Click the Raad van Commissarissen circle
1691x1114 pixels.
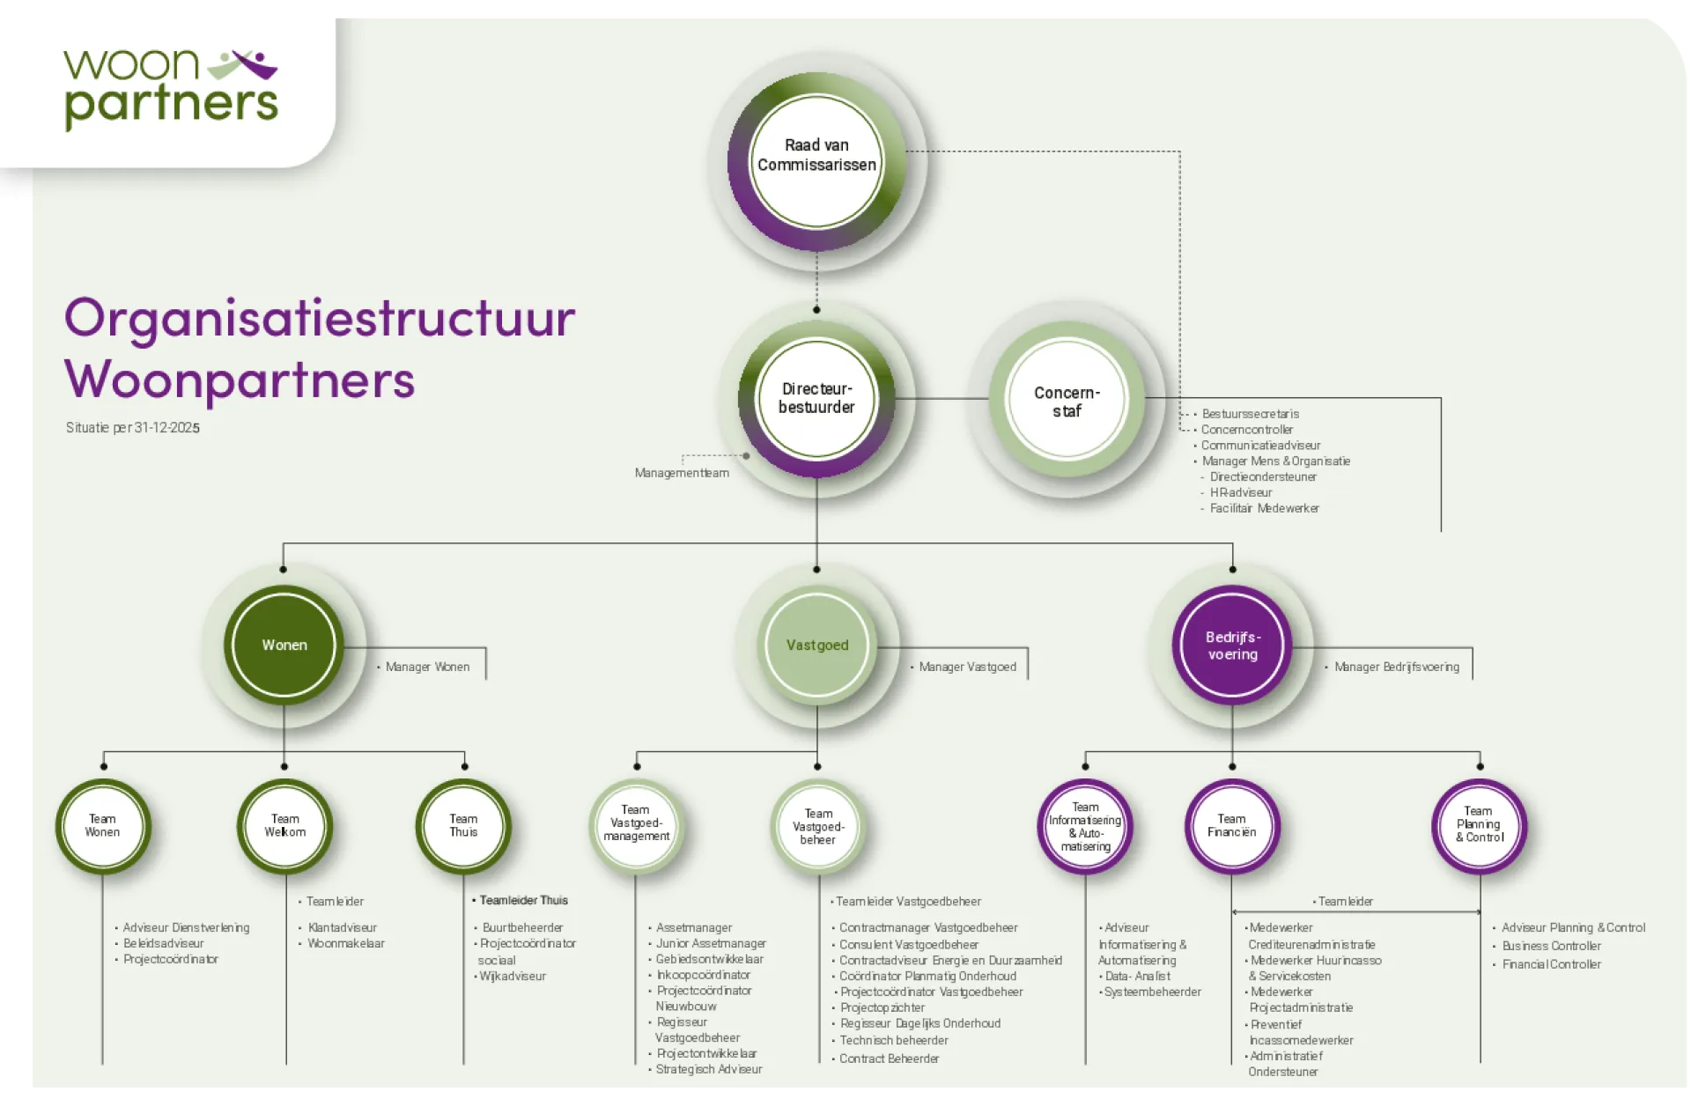pyautogui.click(x=816, y=161)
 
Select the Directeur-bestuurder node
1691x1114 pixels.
pyautogui.click(x=816, y=399)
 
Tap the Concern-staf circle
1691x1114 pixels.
pyautogui.click(x=1067, y=399)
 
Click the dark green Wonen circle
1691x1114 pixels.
pyautogui.click(x=284, y=645)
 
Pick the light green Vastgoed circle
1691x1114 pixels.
pyautogui.click(x=817, y=645)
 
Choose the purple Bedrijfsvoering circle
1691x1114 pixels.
pyautogui.click(x=1232, y=645)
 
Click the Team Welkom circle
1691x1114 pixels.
pyautogui.click(x=284, y=826)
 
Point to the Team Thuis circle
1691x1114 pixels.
pyautogui.click(x=463, y=826)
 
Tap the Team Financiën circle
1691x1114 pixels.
pyautogui.click(x=1232, y=826)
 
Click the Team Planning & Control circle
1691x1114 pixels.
pyautogui.click(x=1479, y=826)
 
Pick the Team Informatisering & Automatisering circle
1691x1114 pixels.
pyautogui.click(x=1085, y=826)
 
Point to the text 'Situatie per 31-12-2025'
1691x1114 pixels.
pyautogui.click(x=133, y=428)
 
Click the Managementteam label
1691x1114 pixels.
pyautogui.click(x=682, y=473)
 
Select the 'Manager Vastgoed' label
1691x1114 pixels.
pyautogui.click(x=967, y=667)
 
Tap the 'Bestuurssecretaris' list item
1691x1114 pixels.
pyautogui.click(x=1250, y=414)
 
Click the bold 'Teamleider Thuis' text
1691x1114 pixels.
pyautogui.click(x=523, y=900)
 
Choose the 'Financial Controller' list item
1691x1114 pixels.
pyautogui.click(x=1551, y=964)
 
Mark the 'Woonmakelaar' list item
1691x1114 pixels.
pyautogui.click(x=346, y=943)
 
